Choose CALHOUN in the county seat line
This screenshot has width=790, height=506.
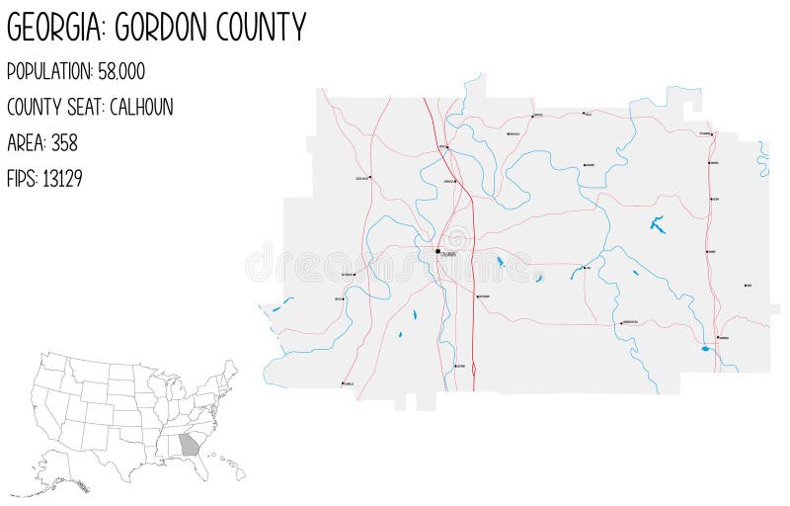point(141,108)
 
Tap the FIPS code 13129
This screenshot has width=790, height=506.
point(61,179)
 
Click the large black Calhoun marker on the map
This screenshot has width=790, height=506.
point(437,251)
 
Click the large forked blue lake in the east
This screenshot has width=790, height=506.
point(657,224)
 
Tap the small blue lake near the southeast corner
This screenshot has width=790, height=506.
point(704,349)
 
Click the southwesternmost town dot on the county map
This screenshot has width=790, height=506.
point(343,383)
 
